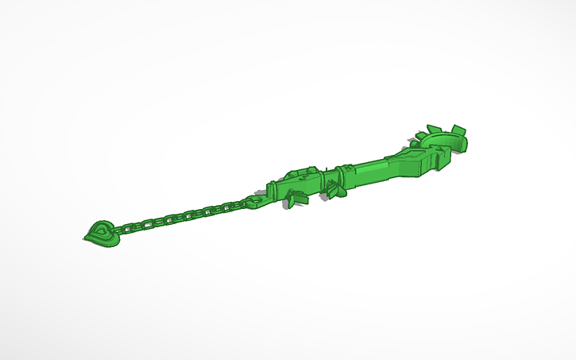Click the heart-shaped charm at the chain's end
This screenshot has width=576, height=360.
click(102, 231)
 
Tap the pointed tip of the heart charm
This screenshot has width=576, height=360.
click(85, 238)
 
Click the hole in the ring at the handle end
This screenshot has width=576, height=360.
click(254, 201)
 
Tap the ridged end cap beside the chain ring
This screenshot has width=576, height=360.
click(271, 192)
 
